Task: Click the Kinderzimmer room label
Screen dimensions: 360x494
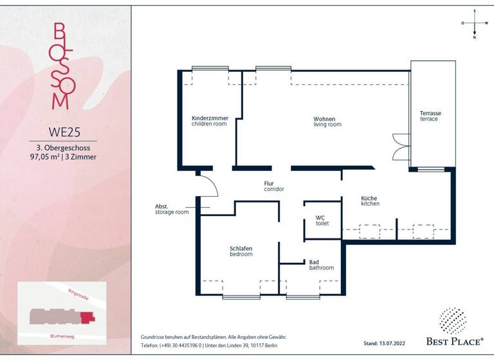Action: pyautogui.click(x=210, y=121)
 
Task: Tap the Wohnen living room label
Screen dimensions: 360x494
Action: pyautogui.click(x=327, y=121)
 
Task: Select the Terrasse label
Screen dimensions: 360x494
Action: pyautogui.click(x=430, y=116)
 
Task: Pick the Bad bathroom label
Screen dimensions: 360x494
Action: pyautogui.click(x=321, y=265)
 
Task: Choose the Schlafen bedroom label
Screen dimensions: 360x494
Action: pyautogui.click(x=241, y=251)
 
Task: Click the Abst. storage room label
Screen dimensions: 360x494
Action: pyautogui.click(x=172, y=209)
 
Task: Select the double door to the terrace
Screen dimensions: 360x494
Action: pyautogui.click(x=401, y=147)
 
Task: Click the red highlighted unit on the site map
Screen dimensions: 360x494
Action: pyautogui.click(x=87, y=316)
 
